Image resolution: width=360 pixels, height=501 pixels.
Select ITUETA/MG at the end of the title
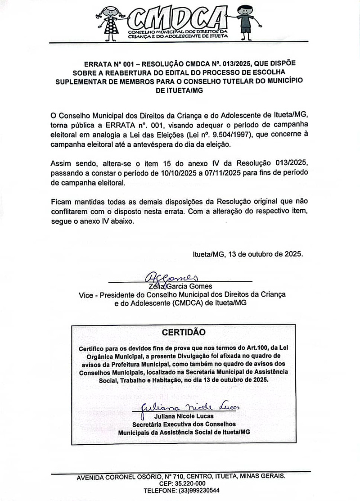179,90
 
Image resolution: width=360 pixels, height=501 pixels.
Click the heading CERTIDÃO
183,332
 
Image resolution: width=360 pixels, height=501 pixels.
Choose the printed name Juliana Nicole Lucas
184,416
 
